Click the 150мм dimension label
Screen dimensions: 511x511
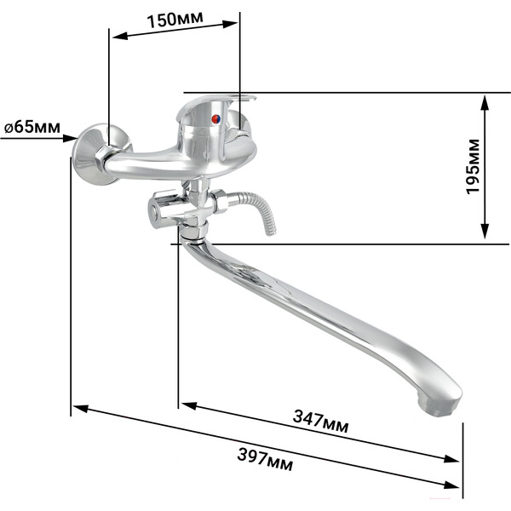point(175,20)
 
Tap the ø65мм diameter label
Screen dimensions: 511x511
point(32,127)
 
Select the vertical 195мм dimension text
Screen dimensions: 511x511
point(474,167)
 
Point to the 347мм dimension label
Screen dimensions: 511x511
point(321,422)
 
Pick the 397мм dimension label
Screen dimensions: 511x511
point(265,459)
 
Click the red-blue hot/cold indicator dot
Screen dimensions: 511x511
point(216,119)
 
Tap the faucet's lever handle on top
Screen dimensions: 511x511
point(215,104)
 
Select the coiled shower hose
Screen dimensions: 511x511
point(257,209)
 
